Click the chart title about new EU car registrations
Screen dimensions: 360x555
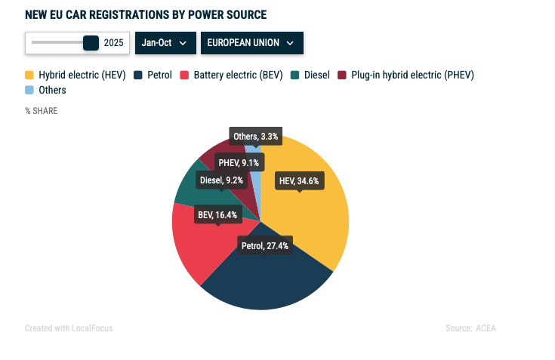[x=146, y=14]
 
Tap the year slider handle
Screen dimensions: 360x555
[x=91, y=43]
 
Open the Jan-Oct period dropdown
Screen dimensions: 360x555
[x=165, y=43]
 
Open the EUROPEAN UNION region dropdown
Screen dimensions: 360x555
[x=251, y=43]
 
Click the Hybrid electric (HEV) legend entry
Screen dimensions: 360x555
[x=76, y=75]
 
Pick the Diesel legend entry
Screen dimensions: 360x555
[x=310, y=75]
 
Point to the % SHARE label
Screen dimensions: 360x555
[x=41, y=111]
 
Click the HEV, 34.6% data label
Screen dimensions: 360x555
[x=299, y=180]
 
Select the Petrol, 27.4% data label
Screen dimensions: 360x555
[x=264, y=246]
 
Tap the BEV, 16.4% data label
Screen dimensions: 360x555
[x=217, y=215]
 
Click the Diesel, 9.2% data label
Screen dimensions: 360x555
[x=221, y=180]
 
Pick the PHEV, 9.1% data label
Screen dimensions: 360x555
[x=239, y=162]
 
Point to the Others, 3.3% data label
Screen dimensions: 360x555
[x=256, y=137]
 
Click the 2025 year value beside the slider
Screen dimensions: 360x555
[x=114, y=43]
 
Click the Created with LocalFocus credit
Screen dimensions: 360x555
[x=69, y=328]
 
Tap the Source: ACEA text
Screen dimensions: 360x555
[x=470, y=328]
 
